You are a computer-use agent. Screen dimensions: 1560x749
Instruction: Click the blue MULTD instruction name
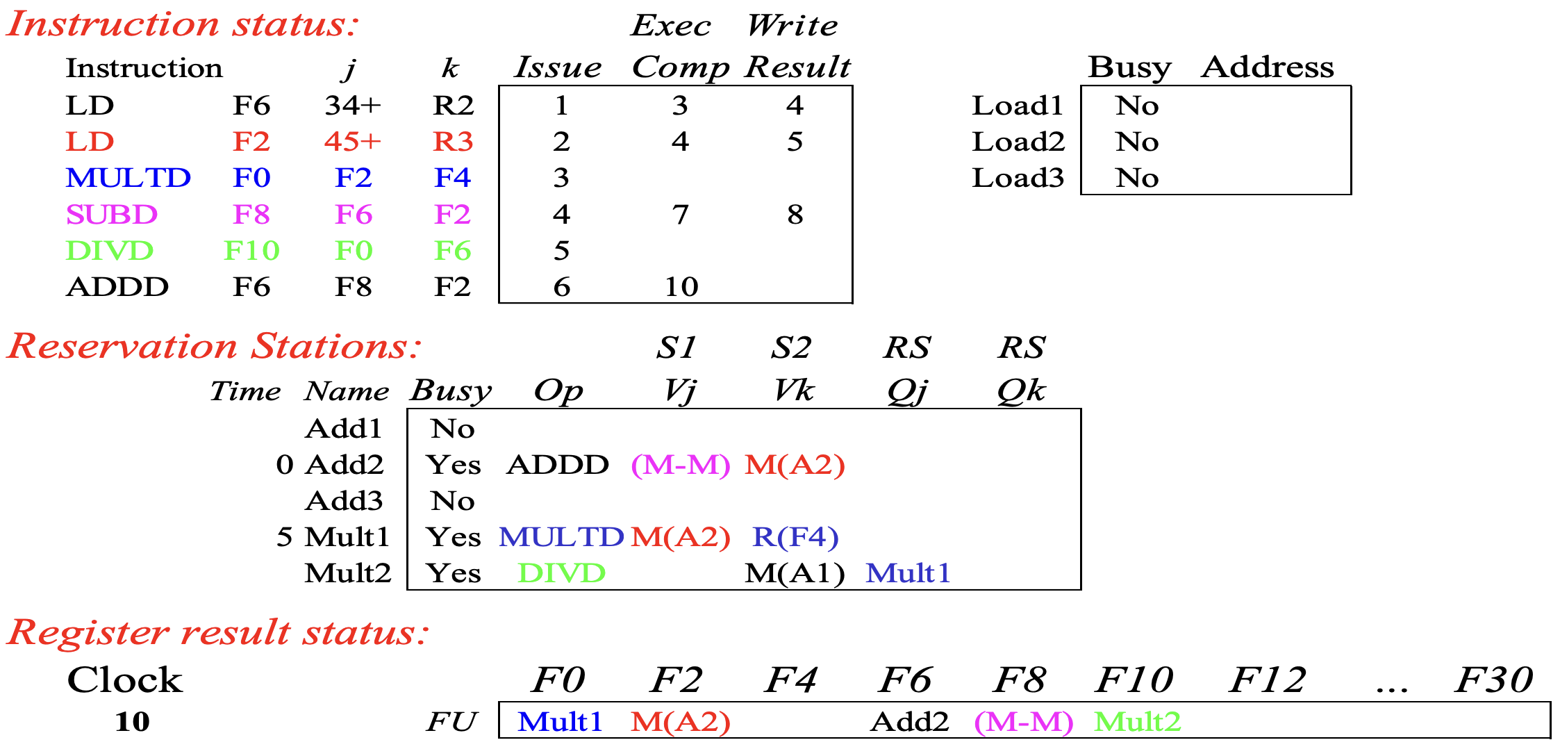pyautogui.click(x=128, y=178)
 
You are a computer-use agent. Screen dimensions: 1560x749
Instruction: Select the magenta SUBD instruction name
pyautogui.click(x=112, y=214)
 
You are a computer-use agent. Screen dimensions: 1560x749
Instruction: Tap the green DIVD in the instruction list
pyautogui.click(x=110, y=250)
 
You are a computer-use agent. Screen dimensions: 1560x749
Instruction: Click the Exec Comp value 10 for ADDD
pyautogui.click(x=681, y=286)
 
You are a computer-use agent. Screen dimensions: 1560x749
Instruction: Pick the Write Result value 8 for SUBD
pyautogui.click(x=795, y=214)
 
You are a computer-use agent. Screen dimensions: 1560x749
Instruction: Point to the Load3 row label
pyautogui.click(x=1018, y=178)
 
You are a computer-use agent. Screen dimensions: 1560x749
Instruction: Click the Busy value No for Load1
pyautogui.click(x=1137, y=106)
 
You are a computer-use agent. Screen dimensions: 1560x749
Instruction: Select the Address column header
pyautogui.click(x=1268, y=67)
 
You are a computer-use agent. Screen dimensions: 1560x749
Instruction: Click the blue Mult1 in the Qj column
pyautogui.click(x=908, y=573)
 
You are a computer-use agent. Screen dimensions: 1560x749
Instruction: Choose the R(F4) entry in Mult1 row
pyautogui.click(x=795, y=537)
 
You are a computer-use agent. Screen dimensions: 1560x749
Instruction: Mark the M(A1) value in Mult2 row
pyautogui.click(x=795, y=573)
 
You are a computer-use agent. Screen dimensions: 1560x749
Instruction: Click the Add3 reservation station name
pyautogui.click(x=344, y=501)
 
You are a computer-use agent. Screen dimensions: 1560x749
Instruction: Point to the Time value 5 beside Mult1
pyautogui.click(x=285, y=537)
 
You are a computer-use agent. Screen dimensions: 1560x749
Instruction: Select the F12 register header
pyautogui.click(x=1268, y=680)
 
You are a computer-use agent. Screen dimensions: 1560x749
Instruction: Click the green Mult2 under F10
pyautogui.click(x=1138, y=722)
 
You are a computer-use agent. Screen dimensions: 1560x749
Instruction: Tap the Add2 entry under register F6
pyautogui.click(x=909, y=722)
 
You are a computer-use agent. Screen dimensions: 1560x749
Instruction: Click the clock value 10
pyautogui.click(x=132, y=722)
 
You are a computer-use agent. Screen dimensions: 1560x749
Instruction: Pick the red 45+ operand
pyautogui.click(x=353, y=142)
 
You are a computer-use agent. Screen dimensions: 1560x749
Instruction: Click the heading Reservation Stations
pyautogui.click(x=214, y=345)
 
